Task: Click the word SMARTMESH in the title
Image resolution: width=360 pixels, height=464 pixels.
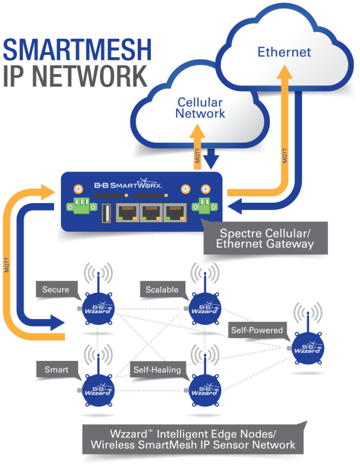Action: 77,50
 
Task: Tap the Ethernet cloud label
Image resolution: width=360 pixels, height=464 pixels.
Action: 284,52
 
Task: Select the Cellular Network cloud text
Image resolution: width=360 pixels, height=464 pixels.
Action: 200,108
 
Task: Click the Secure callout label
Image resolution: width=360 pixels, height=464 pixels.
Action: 56,289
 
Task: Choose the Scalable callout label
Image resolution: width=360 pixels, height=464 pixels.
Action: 162,289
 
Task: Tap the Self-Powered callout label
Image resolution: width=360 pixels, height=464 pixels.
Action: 256,330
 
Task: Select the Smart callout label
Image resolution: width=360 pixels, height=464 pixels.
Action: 56,369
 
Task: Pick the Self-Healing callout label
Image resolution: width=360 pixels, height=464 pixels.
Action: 157,369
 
